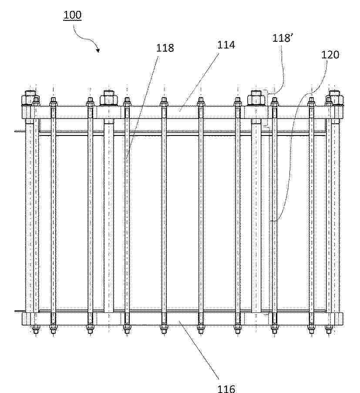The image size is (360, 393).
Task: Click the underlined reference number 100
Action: [x=72, y=15]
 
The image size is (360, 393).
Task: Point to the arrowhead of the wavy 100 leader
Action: [x=98, y=51]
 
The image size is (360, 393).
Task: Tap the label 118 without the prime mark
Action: [x=165, y=48]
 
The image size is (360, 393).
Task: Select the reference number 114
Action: [x=226, y=45]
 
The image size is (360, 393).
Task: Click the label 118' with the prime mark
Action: [x=282, y=38]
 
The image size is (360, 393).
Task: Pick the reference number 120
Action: [x=330, y=54]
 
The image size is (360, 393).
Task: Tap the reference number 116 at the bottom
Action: [x=226, y=389]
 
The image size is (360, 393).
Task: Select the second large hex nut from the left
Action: [x=109, y=98]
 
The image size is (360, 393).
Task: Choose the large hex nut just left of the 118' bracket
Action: [x=256, y=98]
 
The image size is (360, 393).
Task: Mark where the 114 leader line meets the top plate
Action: [x=179, y=111]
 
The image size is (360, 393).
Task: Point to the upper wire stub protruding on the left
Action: [x=20, y=131]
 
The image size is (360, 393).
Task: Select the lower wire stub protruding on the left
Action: [x=19, y=312]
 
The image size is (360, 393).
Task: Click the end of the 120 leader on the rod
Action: [x=270, y=221]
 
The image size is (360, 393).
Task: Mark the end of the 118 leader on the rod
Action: [x=126, y=160]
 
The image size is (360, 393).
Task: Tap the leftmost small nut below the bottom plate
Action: [x=36, y=328]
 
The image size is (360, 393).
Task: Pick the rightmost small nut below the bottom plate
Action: [x=329, y=328]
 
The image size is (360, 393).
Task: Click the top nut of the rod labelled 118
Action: [x=127, y=102]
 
